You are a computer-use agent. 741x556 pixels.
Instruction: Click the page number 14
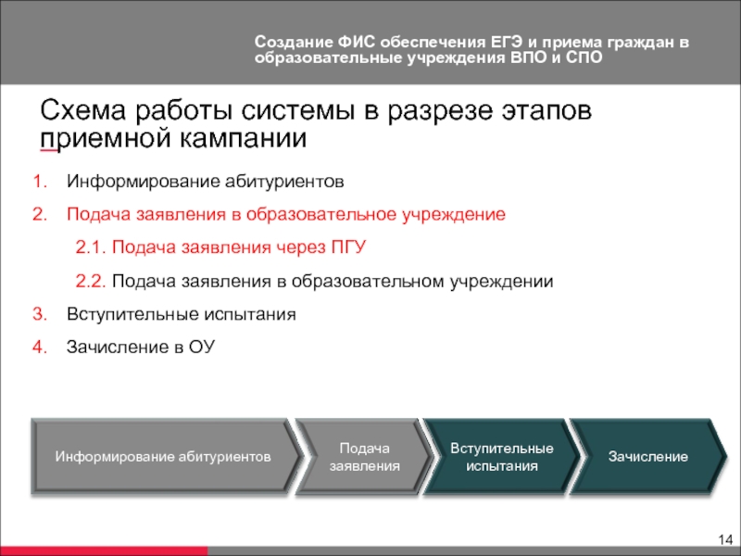[x=725, y=539]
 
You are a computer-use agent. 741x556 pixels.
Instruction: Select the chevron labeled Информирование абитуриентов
[x=164, y=457]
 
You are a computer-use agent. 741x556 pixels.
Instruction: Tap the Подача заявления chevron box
[x=364, y=457]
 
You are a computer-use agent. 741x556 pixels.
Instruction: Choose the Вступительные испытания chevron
[x=501, y=457]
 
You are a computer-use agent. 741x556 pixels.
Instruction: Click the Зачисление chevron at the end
[x=647, y=457]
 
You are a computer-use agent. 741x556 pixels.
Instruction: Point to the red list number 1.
[x=40, y=182]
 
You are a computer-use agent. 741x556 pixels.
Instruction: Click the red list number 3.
[x=40, y=314]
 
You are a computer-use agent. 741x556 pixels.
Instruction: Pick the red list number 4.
[x=40, y=347]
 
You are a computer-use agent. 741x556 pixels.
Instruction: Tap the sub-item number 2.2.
[x=90, y=282]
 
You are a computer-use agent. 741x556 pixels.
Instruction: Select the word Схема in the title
[x=83, y=110]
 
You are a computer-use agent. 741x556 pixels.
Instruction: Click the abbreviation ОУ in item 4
[x=202, y=347]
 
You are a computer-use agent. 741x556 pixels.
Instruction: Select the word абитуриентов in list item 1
[x=284, y=182]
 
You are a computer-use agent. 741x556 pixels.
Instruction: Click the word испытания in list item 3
[x=250, y=315]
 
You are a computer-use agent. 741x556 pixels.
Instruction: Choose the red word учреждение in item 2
[x=454, y=215]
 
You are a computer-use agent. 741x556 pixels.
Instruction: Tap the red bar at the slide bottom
[x=104, y=550]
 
